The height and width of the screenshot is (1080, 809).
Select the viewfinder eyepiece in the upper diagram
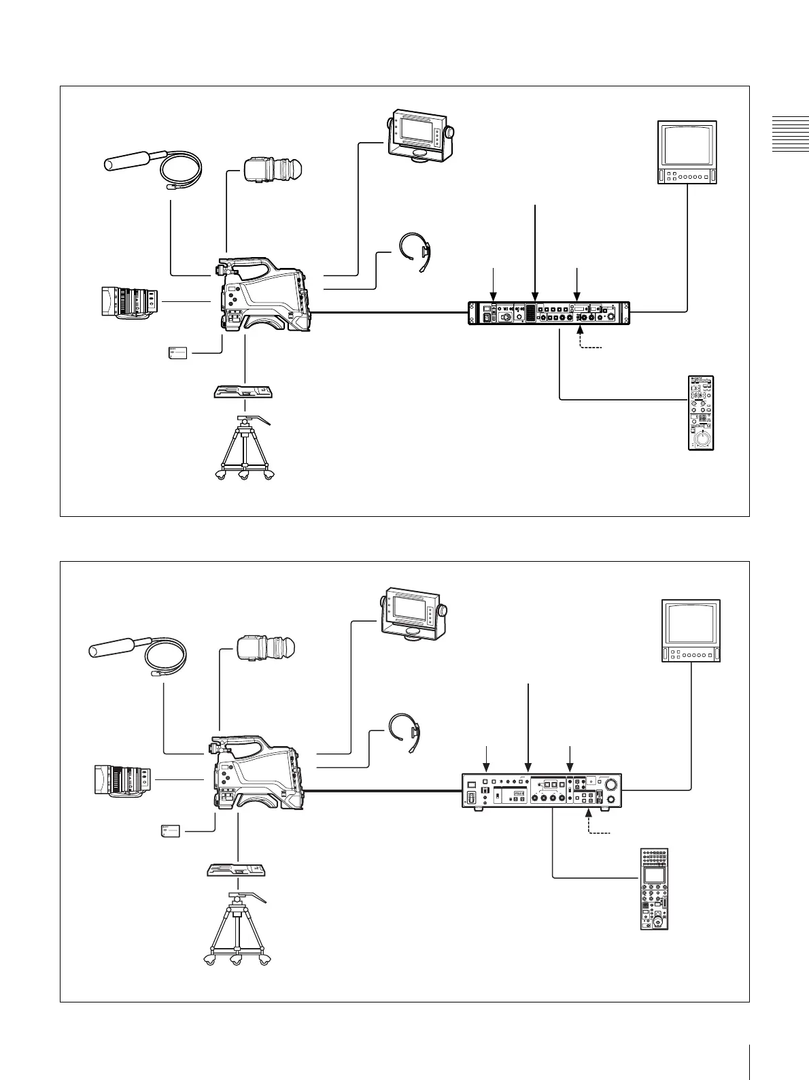point(272,169)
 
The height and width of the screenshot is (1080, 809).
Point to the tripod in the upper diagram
point(244,448)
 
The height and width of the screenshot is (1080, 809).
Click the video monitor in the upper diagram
point(687,152)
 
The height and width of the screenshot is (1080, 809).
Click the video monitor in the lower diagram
point(691,630)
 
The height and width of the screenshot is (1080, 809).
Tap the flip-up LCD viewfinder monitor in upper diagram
point(420,136)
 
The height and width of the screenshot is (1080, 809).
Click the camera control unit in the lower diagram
point(542,790)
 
